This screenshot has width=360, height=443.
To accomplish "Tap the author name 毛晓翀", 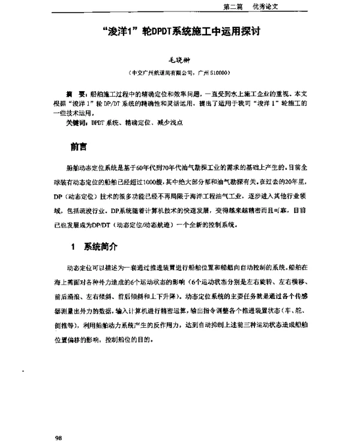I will coord(180,60).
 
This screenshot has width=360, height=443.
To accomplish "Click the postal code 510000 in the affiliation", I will coord(213,73).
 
